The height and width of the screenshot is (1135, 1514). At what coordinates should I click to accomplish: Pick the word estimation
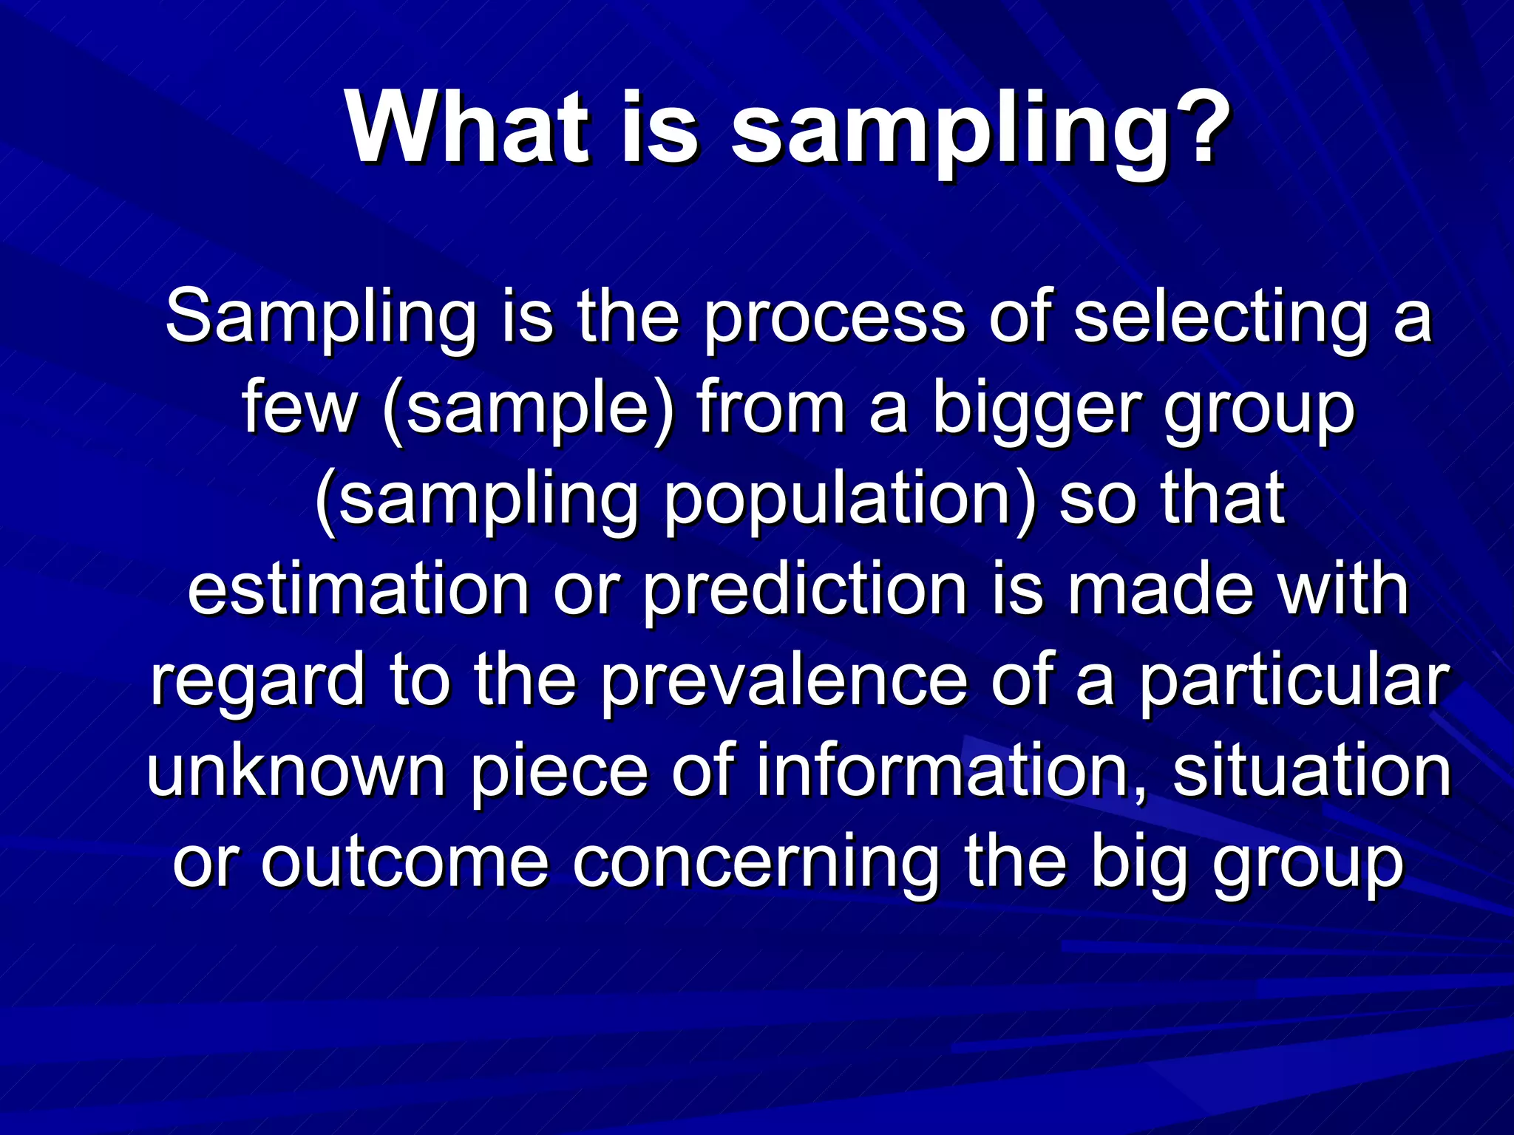[x=358, y=590]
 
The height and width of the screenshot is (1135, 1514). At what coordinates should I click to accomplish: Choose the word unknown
[x=296, y=771]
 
